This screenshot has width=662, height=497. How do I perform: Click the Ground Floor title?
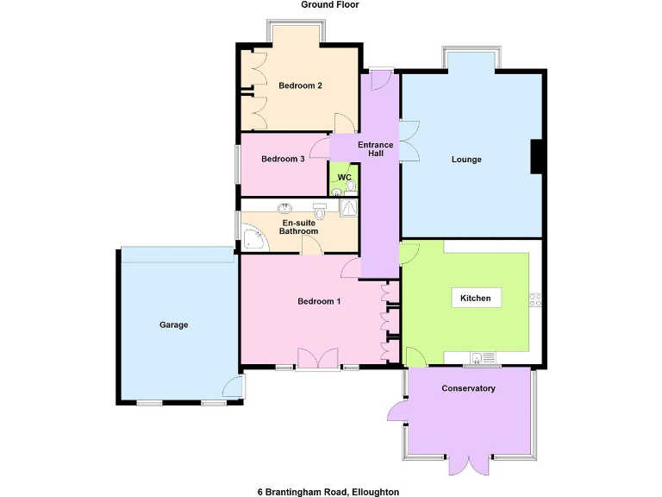[x=330, y=5]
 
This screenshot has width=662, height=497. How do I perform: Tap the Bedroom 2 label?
[x=300, y=85]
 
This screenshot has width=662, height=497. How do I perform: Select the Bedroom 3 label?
[x=283, y=159]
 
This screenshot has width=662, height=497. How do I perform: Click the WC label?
[x=344, y=178]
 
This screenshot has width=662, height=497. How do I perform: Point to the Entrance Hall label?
[x=376, y=149]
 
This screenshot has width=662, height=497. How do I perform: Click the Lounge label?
[x=466, y=160]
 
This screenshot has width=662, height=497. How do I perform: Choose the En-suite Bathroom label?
[x=300, y=227]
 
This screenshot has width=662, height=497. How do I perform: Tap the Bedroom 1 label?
[x=319, y=301]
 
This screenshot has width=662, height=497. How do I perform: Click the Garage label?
[x=173, y=325]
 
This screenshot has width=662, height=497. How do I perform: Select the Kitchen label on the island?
[x=475, y=299]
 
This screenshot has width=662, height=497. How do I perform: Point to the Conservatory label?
[x=468, y=388]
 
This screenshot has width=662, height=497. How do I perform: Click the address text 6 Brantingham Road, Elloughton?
[x=328, y=492]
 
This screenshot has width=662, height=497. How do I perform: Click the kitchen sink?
[x=479, y=357]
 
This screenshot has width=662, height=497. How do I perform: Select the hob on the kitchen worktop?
[x=535, y=299]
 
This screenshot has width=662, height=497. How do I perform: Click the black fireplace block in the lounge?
[x=536, y=156]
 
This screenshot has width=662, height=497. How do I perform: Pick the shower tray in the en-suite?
[x=349, y=209]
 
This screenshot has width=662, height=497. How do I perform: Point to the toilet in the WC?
[x=337, y=191]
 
